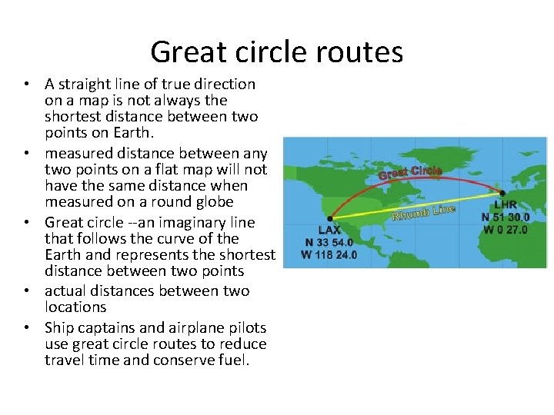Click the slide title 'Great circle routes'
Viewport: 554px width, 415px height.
(277, 51)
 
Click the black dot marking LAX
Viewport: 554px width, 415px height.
(330, 219)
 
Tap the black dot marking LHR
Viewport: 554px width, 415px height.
(502, 193)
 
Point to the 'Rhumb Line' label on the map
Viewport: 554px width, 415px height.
(423, 212)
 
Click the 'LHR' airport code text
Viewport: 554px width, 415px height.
(506, 205)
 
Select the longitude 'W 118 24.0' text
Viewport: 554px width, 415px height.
(329, 255)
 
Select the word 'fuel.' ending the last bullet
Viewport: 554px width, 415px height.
(234, 360)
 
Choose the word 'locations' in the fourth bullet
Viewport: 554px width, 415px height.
(75, 307)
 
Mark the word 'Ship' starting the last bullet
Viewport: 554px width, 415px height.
(58, 327)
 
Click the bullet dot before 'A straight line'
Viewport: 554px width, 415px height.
(26, 84)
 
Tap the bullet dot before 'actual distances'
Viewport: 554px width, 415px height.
(26, 290)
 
